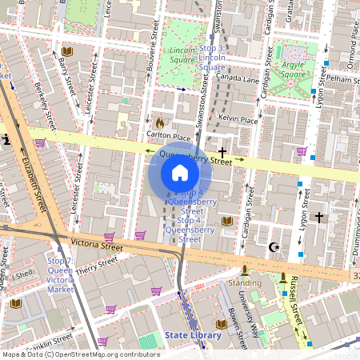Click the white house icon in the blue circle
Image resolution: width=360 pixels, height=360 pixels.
180,173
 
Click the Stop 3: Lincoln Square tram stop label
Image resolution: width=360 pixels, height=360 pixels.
211,58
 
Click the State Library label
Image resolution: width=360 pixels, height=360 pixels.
193,334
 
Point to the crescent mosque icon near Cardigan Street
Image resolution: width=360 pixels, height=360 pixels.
275,246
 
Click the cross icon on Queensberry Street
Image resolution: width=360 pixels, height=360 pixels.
222,150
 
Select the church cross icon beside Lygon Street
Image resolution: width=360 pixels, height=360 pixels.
318,217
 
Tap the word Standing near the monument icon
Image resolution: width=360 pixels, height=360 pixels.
245,282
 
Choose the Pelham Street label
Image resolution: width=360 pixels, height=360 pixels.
341,81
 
